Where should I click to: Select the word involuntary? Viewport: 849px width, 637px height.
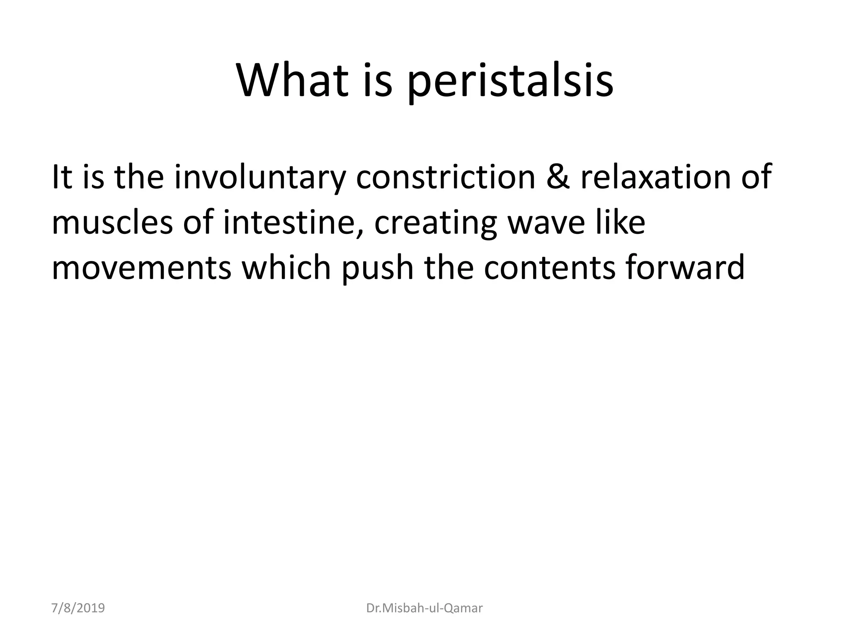(x=260, y=177)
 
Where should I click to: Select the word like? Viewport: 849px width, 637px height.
(x=620, y=222)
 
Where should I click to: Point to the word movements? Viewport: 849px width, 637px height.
(x=141, y=267)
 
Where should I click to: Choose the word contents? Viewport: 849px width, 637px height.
(x=549, y=267)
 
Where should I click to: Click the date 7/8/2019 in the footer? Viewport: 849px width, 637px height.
(x=78, y=608)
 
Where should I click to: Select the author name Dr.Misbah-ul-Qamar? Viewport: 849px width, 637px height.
(x=424, y=608)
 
